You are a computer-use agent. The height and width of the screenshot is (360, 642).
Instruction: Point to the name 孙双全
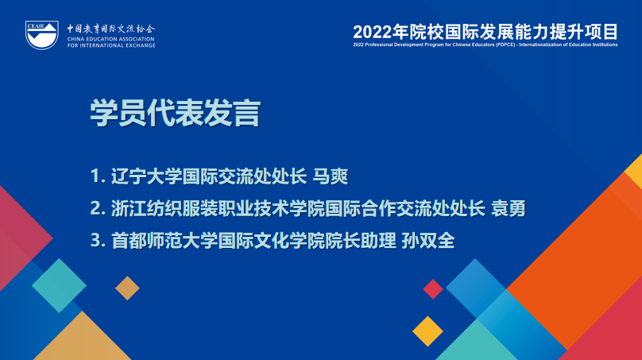[431, 241]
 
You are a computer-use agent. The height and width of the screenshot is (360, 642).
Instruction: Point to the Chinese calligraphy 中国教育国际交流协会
[111, 27]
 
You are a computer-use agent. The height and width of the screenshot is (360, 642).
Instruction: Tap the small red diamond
[433, 289]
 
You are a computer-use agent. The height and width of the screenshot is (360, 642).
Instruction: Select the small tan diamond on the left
[127, 288]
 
